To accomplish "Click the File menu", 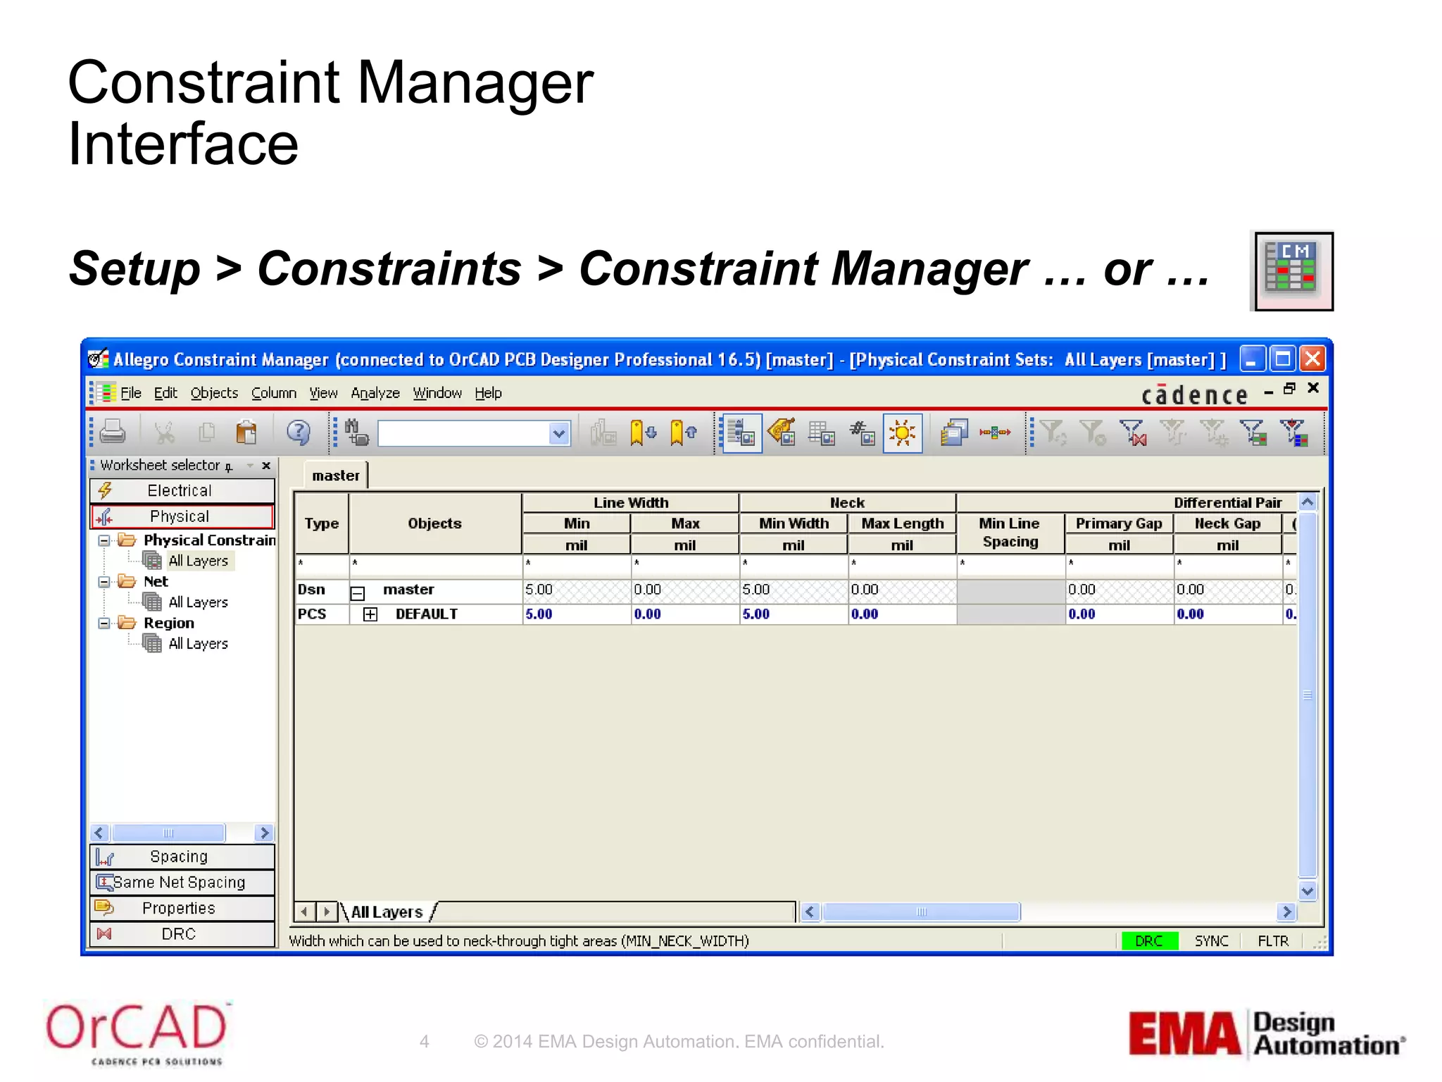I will coord(130,393).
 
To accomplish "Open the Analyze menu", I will coord(375,393).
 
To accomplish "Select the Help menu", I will coord(488,393).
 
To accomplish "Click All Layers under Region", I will coord(198,644).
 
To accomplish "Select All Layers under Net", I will coord(198,602).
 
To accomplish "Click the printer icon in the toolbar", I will coord(113,432).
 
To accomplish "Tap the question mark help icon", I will coord(298,432).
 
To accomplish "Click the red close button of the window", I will coord(1312,359).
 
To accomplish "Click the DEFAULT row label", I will coord(426,614).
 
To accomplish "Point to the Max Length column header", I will coord(902,523).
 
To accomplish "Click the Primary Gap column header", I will coord(1118,523).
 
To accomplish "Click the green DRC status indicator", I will coord(1149,941).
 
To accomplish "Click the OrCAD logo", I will coord(137,1033).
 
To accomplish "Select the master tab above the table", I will coord(336,475).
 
